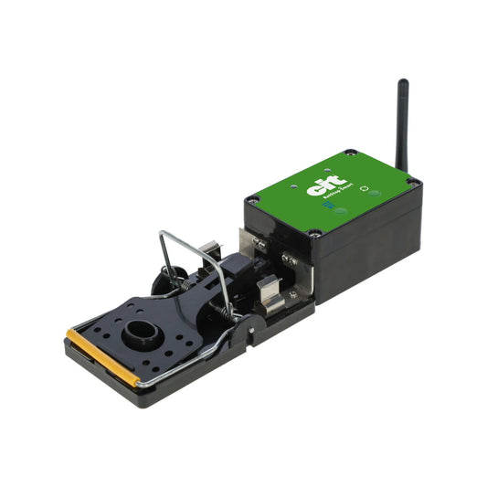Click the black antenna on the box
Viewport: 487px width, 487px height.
click(401, 122)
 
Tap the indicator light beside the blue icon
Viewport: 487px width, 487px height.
click(342, 210)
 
